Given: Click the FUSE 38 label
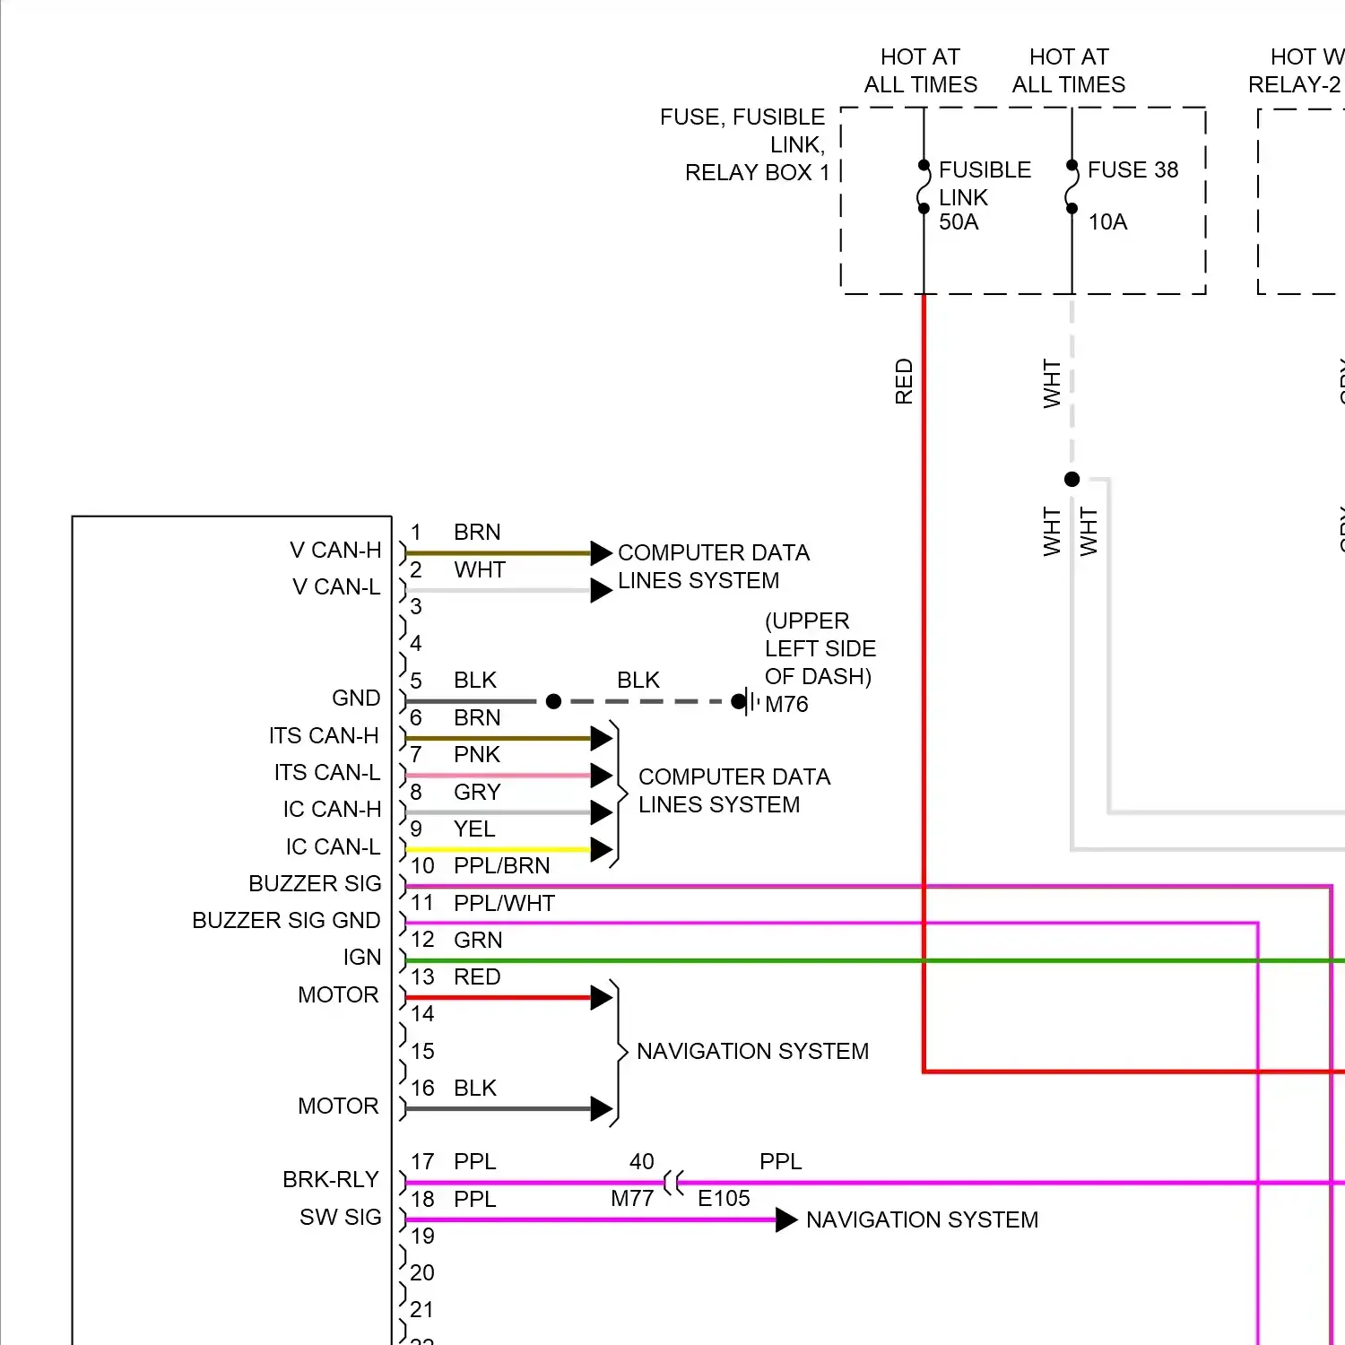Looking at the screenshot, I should [1132, 170].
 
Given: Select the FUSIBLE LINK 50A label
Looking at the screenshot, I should [984, 196].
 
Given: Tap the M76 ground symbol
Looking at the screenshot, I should [747, 702].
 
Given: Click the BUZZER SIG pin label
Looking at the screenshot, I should [315, 884].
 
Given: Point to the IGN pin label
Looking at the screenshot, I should [362, 958].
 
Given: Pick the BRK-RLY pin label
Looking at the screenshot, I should [331, 1180].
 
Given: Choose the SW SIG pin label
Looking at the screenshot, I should [341, 1218].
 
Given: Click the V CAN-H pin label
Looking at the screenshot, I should [335, 551].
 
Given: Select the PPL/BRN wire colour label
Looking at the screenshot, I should [502, 866].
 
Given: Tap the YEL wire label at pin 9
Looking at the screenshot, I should [474, 829].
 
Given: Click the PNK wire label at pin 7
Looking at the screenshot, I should [477, 755].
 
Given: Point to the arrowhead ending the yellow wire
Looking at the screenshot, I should [602, 850].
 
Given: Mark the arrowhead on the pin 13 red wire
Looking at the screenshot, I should [602, 998].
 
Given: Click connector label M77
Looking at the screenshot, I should [632, 1199].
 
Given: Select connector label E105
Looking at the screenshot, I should [724, 1199].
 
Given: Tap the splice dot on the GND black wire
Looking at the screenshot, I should [553, 701].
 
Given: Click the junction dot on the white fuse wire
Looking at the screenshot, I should [1072, 480].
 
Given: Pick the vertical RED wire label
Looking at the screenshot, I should [904, 382].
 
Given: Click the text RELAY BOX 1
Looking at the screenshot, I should [757, 173].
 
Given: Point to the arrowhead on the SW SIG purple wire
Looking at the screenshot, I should [786, 1220].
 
